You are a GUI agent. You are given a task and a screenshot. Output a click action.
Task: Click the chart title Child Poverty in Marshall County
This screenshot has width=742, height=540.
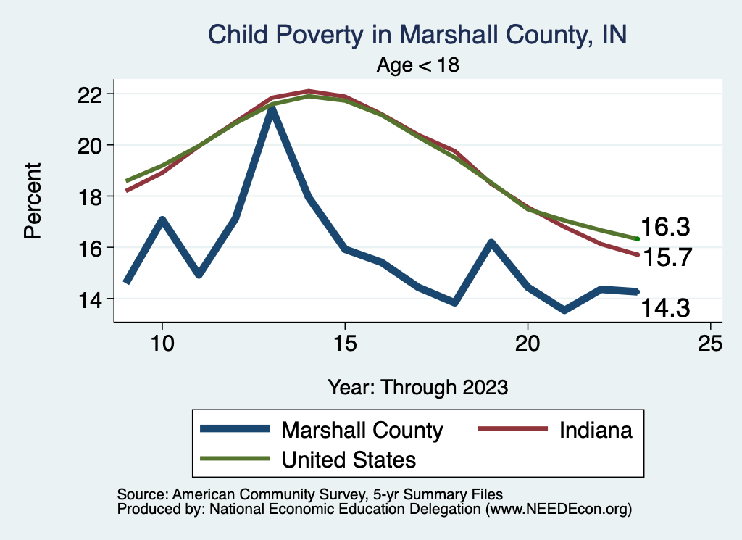pos(417,35)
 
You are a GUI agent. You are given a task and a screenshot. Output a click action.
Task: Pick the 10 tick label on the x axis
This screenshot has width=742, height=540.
pos(162,344)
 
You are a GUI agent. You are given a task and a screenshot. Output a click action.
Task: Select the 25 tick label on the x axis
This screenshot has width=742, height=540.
pos(710,344)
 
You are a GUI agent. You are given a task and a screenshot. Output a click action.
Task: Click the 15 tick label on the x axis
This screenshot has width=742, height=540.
pos(344,344)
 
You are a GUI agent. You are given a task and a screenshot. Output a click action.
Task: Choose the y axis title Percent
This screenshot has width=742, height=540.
pos(32,201)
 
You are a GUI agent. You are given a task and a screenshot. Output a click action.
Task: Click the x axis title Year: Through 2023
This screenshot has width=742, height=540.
pos(417,386)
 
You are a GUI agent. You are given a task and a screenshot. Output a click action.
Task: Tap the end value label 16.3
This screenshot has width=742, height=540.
pos(664,227)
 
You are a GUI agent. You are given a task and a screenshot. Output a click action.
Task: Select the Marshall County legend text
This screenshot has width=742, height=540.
pos(362,430)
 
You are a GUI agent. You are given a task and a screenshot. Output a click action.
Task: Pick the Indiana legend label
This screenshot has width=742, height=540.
pos(596,430)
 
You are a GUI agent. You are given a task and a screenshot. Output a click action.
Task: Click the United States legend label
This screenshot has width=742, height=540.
pos(349,459)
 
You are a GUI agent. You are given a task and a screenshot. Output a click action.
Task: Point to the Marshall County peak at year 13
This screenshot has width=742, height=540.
pos(272,109)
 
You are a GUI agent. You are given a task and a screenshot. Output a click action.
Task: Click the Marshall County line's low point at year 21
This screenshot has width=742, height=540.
pos(564,310)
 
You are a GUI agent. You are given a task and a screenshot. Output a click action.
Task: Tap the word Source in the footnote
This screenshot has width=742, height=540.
pos(141,494)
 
